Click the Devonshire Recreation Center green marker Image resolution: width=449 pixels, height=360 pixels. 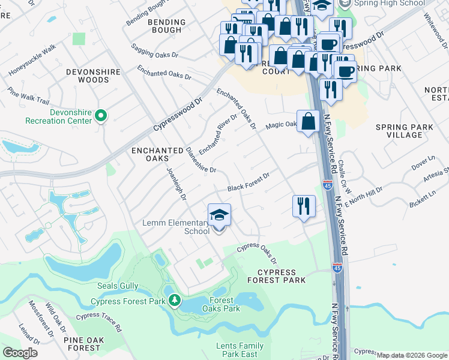click(x=101, y=116)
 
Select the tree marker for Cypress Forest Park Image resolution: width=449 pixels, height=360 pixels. click(x=174, y=299)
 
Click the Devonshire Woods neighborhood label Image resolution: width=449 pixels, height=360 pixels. click(x=93, y=76)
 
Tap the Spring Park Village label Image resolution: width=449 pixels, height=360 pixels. click(x=399, y=131)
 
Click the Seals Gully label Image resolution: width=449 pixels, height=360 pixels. click(x=118, y=287)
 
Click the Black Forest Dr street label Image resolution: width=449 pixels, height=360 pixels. click(x=248, y=182)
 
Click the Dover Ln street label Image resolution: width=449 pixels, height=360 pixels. click(x=423, y=160)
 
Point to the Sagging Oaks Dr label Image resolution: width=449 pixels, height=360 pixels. click(x=155, y=53)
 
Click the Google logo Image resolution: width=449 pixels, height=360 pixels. click(x=20, y=353)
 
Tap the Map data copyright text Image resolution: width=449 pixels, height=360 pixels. click(x=412, y=355)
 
